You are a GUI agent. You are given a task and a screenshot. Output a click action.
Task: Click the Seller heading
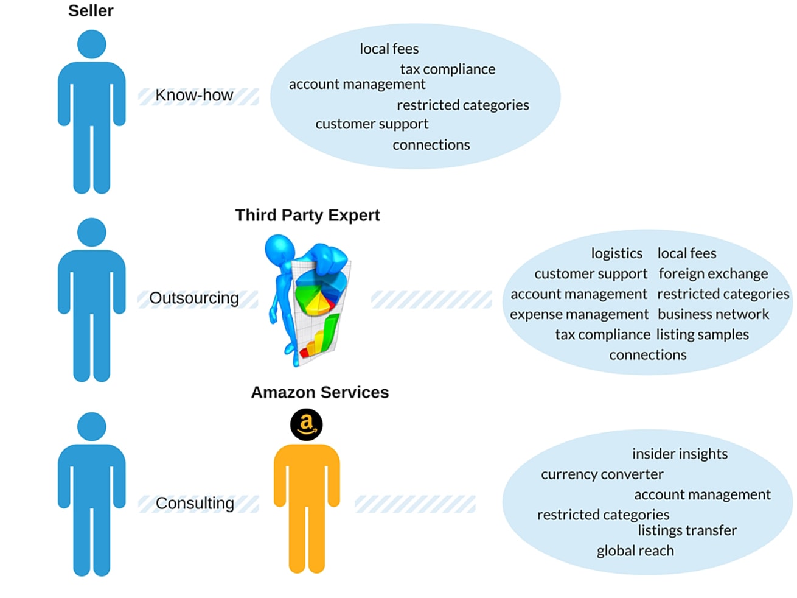click(x=91, y=11)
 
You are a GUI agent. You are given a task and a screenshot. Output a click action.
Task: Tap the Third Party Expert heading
click(x=307, y=215)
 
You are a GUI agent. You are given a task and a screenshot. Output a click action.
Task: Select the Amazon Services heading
click(x=319, y=392)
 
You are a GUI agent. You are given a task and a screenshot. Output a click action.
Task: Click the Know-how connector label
click(x=194, y=95)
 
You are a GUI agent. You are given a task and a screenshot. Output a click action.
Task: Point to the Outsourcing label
click(x=194, y=298)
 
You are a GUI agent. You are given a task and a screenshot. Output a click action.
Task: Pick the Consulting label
click(x=195, y=503)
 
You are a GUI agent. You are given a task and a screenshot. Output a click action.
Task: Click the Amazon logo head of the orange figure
click(x=306, y=424)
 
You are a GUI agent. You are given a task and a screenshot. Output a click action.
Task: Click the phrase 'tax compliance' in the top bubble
click(x=447, y=69)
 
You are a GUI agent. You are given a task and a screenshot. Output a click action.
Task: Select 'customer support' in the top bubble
click(x=372, y=124)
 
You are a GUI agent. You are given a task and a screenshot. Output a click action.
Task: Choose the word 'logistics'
click(x=616, y=253)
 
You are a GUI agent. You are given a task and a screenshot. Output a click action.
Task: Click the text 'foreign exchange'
click(x=713, y=274)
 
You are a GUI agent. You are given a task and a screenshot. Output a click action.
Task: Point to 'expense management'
click(x=579, y=314)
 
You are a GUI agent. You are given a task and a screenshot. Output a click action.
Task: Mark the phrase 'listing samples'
click(x=702, y=334)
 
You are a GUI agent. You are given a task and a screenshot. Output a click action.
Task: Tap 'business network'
click(x=713, y=314)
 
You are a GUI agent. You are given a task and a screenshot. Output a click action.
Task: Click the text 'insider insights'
click(x=680, y=454)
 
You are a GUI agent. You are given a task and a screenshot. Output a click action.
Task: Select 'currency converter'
click(x=602, y=474)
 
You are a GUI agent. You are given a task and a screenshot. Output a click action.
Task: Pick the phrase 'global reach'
click(x=635, y=551)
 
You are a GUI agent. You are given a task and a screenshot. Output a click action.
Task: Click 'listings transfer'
click(x=687, y=530)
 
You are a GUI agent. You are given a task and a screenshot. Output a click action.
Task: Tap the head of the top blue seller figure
click(x=92, y=44)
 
